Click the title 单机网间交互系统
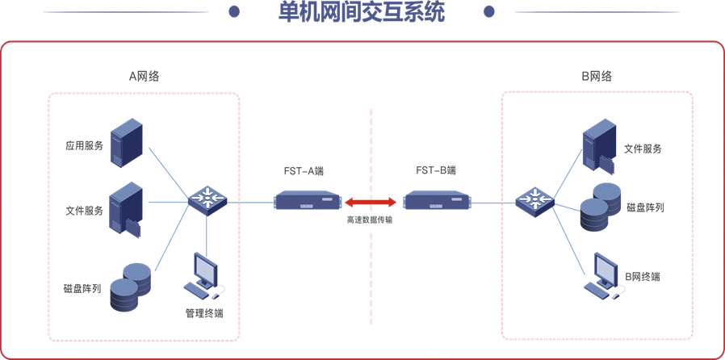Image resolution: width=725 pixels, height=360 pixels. pyautogui.click(x=361, y=13)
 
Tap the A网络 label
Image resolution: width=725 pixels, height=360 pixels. pyautogui.click(x=145, y=77)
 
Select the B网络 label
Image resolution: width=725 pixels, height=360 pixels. pyautogui.click(x=597, y=77)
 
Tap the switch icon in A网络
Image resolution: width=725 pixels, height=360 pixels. pyautogui.click(x=207, y=199)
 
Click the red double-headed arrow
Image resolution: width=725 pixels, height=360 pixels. pyautogui.click(x=371, y=201)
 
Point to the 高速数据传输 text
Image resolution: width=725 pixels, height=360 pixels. pyautogui.click(x=370, y=220)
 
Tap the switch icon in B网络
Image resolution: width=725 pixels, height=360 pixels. pyautogui.click(x=534, y=199)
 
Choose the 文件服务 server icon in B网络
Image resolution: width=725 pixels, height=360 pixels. pyautogui.click(x=599, y=146)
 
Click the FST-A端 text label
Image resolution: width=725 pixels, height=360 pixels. pyautogui.click(x=305, y=171)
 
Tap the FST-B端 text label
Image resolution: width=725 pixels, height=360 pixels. pyautogui.click(x=436, y=171)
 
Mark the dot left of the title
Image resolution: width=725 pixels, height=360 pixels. pyautogui.click(x=234, y=12)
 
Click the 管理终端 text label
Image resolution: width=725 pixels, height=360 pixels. pyautogui.click(x=204, y=313)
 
